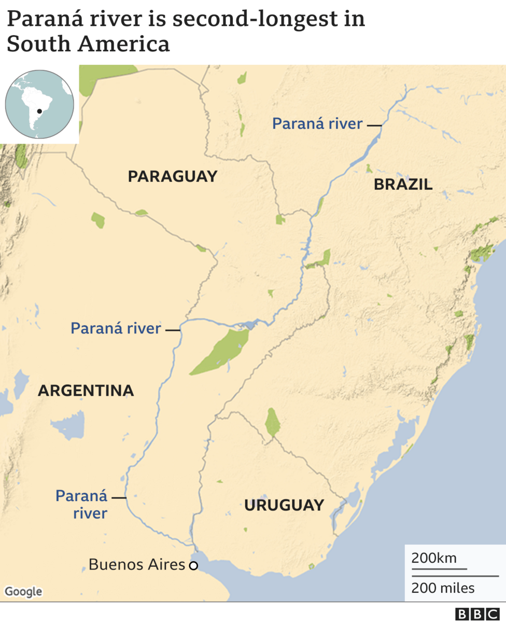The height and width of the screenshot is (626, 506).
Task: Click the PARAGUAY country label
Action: (173, 176)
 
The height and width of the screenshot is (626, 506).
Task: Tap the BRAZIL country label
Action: (403, 184)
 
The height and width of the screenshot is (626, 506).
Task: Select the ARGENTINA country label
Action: (86, 391)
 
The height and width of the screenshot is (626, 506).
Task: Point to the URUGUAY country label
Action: (284, 505)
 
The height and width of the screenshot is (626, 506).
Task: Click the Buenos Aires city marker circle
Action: (193, 566)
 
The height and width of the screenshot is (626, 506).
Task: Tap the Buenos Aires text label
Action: (137, 564)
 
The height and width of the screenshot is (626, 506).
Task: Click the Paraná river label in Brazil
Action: (317, 123)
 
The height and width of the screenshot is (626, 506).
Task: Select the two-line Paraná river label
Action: (82, 505)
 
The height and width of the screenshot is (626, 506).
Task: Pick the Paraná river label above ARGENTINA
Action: (116, 328)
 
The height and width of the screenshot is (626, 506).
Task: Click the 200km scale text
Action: (434, 558)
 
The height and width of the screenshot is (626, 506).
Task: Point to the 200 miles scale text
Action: (443, 588)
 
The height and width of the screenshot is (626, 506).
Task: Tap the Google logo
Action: (23, 591)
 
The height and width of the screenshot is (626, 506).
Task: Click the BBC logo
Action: (477, 615)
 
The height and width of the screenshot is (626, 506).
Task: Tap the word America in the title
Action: (124, 44)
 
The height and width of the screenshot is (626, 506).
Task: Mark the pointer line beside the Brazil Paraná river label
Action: (374, 126)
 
